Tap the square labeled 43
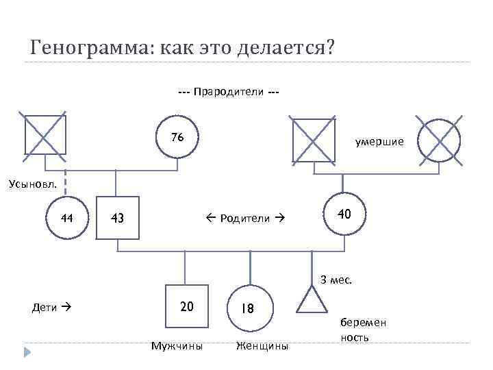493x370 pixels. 117,219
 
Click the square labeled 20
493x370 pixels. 186,306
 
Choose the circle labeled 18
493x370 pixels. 250,308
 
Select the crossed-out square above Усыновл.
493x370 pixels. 45,133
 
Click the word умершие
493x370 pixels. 379,142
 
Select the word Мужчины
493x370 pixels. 177,346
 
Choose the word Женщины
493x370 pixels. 262,346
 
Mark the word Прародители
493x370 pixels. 228,92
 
